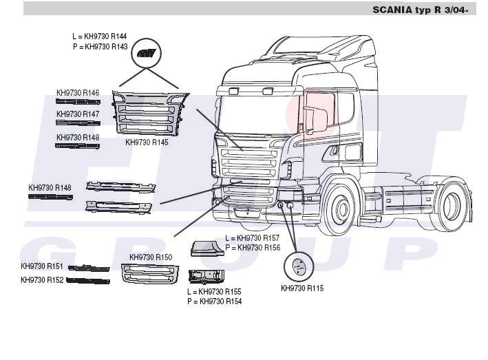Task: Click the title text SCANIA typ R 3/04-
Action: coord(420,10)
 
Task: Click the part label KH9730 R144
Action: coord(105,36)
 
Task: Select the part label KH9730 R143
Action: coord(106,47)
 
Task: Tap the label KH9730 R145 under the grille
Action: coord(147,142)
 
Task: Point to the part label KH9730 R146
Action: coord(78,93)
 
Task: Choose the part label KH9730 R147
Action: coord(78,114)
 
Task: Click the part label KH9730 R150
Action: coord(151,257)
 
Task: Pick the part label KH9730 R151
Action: coord(42,266)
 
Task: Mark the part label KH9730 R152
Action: coord(42,280)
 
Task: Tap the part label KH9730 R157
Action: coord(258,238)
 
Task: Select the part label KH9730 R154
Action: coord(221,301)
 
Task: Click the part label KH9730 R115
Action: coord(302,288)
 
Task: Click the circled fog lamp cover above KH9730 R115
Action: coord(299,266)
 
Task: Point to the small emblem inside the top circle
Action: coord(146,53)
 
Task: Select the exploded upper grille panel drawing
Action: coord(150,113)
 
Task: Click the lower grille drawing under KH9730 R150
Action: coord(150,273)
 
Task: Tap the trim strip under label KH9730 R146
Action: coord(78,101)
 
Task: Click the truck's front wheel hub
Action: coord(341,209)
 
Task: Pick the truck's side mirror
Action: coord(315,119)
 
